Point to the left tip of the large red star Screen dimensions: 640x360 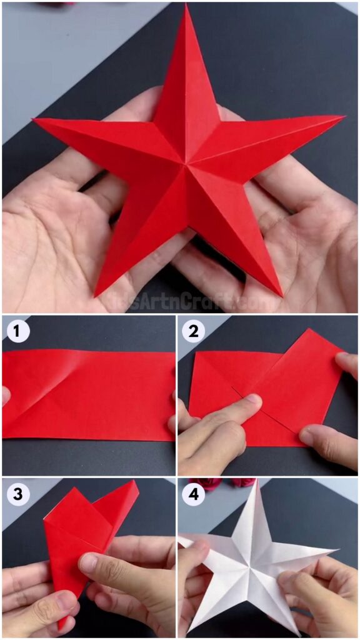[x=34, y=119]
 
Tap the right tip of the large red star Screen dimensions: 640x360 [x=344, y=116]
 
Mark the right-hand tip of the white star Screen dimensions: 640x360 [x=337, y=551]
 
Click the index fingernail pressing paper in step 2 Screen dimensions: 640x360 [x=251, y=400]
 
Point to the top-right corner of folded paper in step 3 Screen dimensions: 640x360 [x=134, y=482]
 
